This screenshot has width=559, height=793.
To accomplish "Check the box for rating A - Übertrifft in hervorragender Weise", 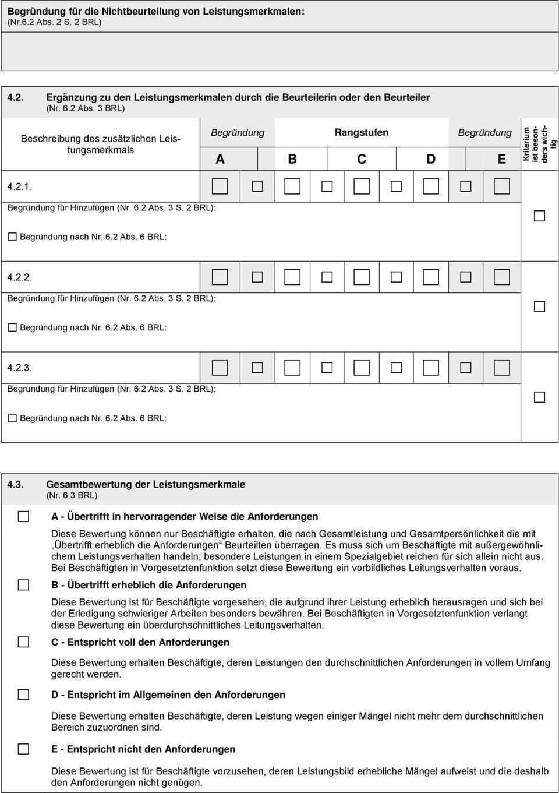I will pos(23,516).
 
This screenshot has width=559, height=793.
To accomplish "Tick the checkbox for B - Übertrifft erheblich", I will pos(23,585).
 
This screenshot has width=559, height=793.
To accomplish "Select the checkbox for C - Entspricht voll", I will pos(23,642).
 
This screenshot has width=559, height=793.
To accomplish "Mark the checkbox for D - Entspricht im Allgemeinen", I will pos(23,695).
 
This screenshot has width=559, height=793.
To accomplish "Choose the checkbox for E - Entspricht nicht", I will pos(23,749).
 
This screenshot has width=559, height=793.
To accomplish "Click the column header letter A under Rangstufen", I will pos(220,159).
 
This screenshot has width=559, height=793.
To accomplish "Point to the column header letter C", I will pos(362,159).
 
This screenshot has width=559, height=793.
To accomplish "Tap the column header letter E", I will pos(501,159).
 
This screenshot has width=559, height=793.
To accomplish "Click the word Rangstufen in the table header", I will pos(362,132).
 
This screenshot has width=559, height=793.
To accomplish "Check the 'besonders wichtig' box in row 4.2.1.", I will pos(540,216).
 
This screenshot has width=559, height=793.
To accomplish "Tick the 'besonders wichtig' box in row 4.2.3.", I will pos(540,397).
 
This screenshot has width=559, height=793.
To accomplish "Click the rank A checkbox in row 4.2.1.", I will pos(220,186).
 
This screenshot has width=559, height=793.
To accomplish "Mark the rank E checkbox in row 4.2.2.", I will pos(501,277).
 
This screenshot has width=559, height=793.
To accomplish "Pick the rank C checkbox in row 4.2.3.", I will pos(362,368).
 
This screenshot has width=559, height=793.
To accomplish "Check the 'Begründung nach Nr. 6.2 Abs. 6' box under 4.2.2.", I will pos(12,327).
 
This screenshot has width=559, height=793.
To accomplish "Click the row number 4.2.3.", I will pos(20,368).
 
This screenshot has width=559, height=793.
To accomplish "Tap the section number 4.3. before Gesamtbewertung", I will pos(15,484).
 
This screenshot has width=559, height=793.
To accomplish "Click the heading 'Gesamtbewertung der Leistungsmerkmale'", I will pos(146,484).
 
